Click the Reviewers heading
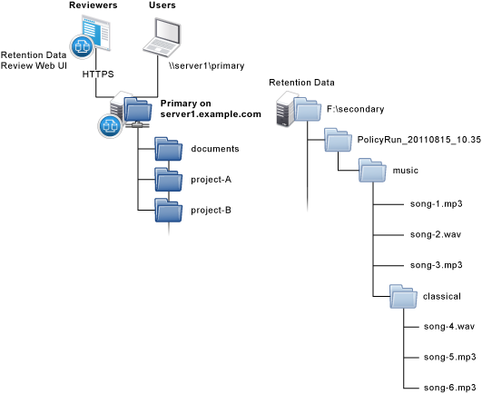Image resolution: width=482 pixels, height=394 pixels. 93,5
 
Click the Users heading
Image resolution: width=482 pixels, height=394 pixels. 162,5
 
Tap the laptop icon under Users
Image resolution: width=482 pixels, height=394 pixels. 162,37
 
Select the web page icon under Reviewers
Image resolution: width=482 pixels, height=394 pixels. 95,33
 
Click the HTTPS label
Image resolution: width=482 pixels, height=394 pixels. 98,74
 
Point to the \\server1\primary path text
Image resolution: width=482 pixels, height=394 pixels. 206,65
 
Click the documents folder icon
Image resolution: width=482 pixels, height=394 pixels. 169,149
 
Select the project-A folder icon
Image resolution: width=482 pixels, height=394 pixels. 169,180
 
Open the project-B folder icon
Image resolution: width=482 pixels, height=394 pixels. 169,211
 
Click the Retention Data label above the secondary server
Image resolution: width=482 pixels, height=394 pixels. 301,83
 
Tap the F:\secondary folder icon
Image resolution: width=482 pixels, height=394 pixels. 307,110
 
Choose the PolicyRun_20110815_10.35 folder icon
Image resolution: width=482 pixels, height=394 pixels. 339,140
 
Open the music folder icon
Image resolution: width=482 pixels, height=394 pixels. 372,171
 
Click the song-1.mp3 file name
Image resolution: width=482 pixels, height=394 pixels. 437,204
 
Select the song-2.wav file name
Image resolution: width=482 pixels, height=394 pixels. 436,235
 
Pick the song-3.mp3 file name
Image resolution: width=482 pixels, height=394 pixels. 437,265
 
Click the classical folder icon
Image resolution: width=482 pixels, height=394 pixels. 403,297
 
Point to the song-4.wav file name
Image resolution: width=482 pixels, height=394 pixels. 449,327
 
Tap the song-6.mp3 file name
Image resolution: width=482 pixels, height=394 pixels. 449,388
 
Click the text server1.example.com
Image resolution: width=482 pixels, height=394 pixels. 211,114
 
